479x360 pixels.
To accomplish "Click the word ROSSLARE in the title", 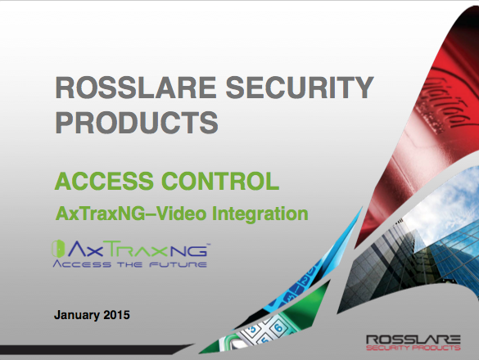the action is tap(136, 88).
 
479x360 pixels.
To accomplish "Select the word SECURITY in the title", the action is tap(300, 88).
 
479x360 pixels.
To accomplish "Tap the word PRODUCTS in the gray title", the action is tap(137, 122).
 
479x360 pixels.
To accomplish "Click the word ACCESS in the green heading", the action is tap(104, 181).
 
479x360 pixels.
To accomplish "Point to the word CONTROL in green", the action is tap(220, 181).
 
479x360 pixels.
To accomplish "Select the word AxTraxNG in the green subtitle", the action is tap(100, 214).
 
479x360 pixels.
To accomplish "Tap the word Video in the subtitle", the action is tap(182, 214).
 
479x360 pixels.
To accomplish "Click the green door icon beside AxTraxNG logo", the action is tap(58, 249).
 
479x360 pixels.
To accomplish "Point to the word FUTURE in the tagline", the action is tap(178, 264).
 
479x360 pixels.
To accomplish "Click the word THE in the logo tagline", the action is tap(130, 264).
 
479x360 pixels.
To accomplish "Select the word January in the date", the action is tap(77, 315).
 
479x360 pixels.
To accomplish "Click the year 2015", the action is tap(117, 315).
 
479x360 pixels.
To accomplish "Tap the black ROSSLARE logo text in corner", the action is tap(413, 340).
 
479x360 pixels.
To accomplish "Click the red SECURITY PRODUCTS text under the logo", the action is tap(413, 348).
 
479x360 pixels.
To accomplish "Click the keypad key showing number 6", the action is tap(278, 328).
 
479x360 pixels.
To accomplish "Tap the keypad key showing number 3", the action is tap(252, 330).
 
